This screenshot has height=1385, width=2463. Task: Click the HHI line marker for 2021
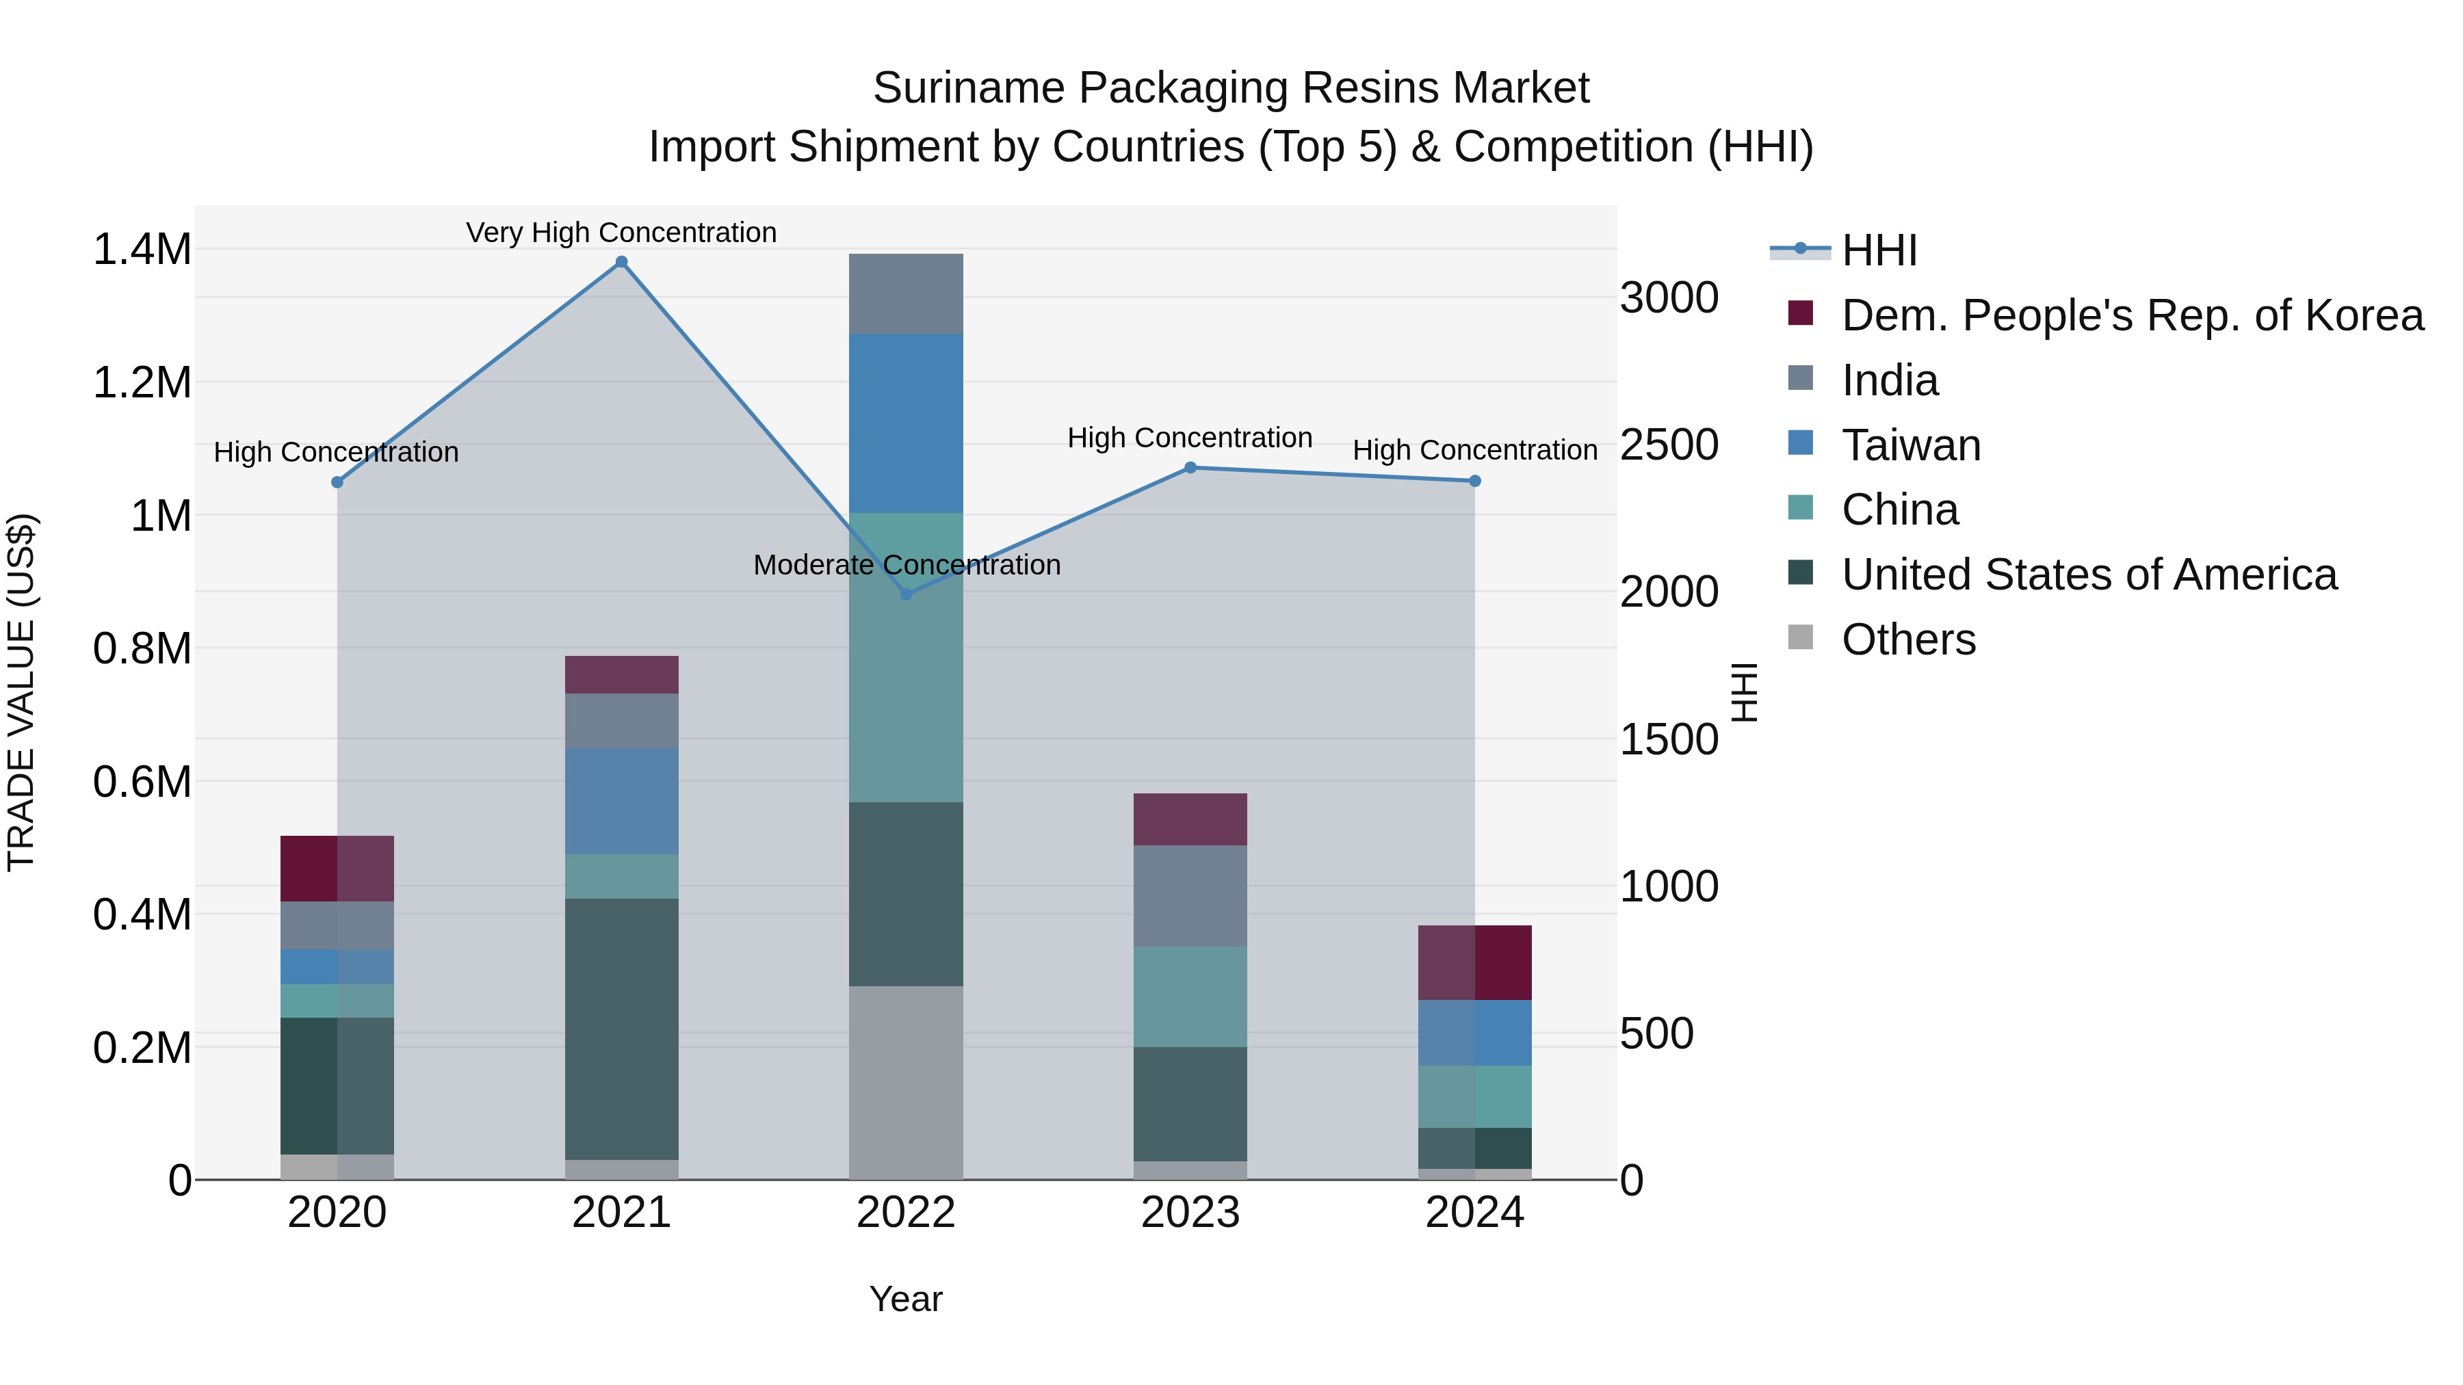[x=621, y=262]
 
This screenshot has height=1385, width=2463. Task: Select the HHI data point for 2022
[x=907, y=594]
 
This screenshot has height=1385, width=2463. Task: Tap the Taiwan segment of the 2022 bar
[x=907, y=423]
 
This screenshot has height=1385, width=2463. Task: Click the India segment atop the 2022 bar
[x=907, y=293]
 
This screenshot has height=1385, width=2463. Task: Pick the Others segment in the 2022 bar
[x=907, y=1082]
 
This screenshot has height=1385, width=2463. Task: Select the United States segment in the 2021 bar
[x=621, y=1029]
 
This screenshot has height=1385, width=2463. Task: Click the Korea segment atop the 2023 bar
[x=1190, y=819]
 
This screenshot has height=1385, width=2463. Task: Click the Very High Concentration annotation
[x=621, y=233]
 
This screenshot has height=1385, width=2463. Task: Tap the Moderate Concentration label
[x=907, y=565]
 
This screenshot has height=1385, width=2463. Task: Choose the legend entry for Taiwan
[x=1910, y=445]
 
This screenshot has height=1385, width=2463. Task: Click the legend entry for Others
[x=1907, y=639]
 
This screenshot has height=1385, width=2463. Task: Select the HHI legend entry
[x=1879, y=250]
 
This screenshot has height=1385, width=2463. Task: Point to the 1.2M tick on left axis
[x=142, y=382]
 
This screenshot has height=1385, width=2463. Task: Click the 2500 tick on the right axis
[x=1669, y=445]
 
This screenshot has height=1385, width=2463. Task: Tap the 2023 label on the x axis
[x=1190, y=1213]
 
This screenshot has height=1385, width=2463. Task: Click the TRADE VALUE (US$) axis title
[x=21, y=692]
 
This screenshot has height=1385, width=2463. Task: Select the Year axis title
[x=905, y=1299]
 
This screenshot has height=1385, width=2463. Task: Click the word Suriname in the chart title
[x=969, y=88]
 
